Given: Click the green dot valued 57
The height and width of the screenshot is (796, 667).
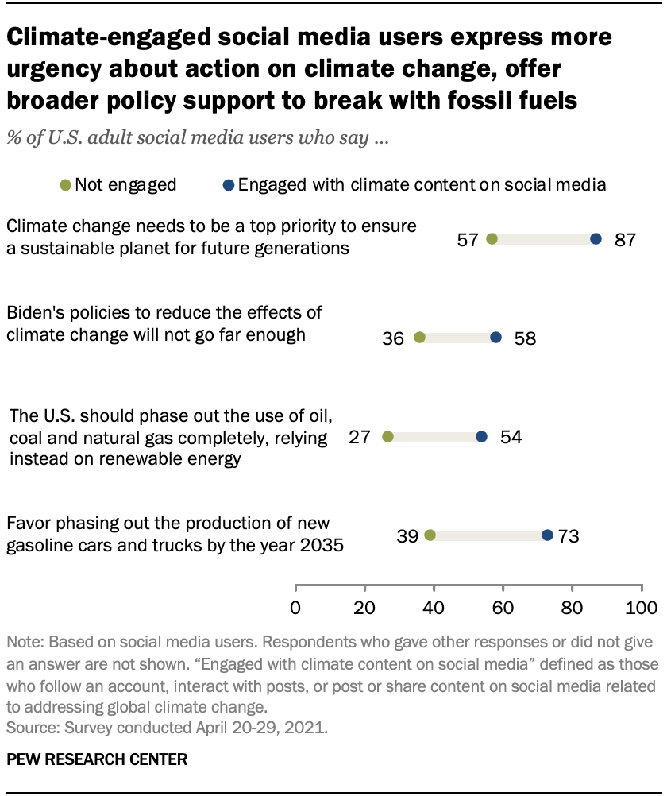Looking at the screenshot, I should (492, 239).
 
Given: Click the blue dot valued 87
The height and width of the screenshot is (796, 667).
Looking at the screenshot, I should (596, 239).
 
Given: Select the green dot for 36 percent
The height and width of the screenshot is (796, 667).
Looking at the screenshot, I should (419, 338).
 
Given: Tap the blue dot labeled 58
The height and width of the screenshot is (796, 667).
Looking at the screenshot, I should (495, 338).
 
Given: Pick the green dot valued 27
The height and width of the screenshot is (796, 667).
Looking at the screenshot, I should (387, 436).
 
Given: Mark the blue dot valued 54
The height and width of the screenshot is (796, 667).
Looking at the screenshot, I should (481, 436).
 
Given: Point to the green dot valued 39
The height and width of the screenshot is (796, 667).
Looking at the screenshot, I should (430, 535).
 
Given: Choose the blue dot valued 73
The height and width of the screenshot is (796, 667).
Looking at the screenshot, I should (547, 535).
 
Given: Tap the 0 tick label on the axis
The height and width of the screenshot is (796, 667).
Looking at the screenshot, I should (295, 609).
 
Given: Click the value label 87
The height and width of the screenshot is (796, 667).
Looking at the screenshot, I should (625, 240).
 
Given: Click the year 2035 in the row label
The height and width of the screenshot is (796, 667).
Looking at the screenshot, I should (318, 545).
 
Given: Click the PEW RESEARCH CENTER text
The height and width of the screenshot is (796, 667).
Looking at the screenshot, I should (97, 759).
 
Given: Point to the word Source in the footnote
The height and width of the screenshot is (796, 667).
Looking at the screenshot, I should (29, 725).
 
